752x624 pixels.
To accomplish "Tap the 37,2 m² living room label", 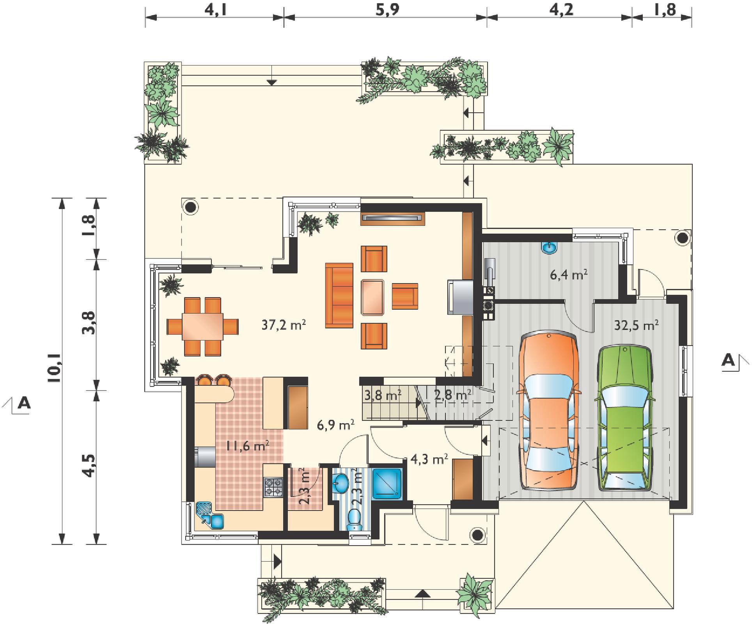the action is coord(283,324).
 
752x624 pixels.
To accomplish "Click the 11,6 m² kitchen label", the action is coord(248,445).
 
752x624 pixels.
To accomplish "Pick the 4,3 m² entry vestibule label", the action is coord(429,459).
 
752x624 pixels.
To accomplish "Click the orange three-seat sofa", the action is coord(339,295).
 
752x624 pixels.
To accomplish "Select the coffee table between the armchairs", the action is coord(372,297).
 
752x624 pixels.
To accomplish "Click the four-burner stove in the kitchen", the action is coord(273,487).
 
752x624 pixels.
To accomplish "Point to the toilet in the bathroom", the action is coord(355,519).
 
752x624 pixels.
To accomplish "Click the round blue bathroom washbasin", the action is coord(341,484).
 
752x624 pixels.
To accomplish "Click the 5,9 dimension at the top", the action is coord(387,9).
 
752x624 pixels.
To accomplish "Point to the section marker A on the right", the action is coord(728,360).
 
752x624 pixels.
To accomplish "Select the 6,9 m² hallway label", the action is coord(335,424).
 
